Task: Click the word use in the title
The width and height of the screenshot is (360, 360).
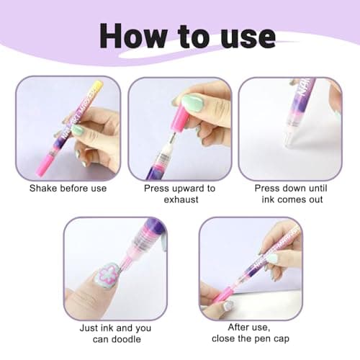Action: pos(247,36)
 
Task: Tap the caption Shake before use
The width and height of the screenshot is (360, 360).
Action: pos(68,189)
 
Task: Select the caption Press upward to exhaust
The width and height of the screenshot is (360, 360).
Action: pos(179,194)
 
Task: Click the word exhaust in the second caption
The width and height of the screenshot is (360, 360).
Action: pos(179,199)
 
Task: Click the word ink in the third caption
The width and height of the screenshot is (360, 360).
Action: pos(267,199)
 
